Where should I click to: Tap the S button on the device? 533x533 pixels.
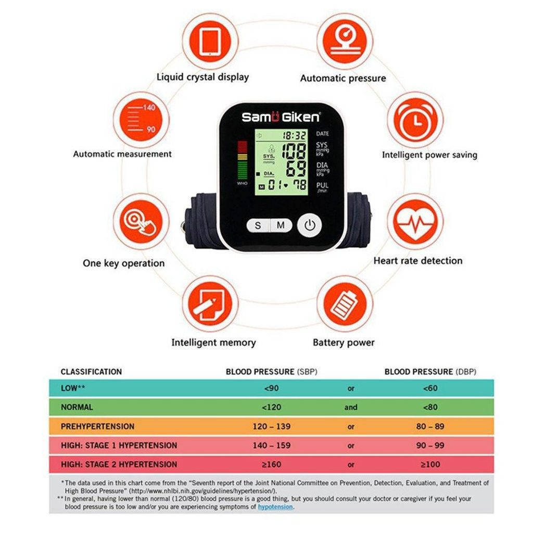pyautogui.click(x=258, y=225)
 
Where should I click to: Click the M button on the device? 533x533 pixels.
pyautogui.click(x=281, y=225)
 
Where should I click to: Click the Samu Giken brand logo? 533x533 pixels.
pyautogui.click(x=281, y=117)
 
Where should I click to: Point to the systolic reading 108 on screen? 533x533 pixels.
pyautogui.click(x=295, y=151)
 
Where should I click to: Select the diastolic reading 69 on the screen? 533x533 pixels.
pyautogui.click(x=296, y=169)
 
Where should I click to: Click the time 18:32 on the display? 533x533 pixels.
pyautogui.click(x=295, y=136)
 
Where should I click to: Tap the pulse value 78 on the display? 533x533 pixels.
pyautogui.click(x=299, y=185)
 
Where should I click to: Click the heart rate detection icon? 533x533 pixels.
pyautogui.click(x=415, y=222)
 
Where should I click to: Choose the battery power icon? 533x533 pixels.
pyautogui.click(x=345, y=304)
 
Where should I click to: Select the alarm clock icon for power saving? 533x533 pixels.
pyautogui.click(x=415, y=120)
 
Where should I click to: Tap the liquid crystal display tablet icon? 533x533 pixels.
pyautogui.click(x=210, y=42)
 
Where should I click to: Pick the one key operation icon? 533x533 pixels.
pyautogui.click(x=141, y=222)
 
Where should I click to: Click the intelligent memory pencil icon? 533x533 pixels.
pyautogui.click(x=210, y=304)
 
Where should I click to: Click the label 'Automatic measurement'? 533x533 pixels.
pyautogui.click(x=122, y=154)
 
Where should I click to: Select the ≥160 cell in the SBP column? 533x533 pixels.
pyautogui.click(x=272, y=464)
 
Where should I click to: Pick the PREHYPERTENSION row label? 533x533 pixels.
pyautogui.click(x=97, y=426)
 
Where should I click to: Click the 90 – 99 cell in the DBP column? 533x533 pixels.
pyautogui.click(x=430, y=446)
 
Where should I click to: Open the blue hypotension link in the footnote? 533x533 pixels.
pyautogui.click(x=275, y=507)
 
